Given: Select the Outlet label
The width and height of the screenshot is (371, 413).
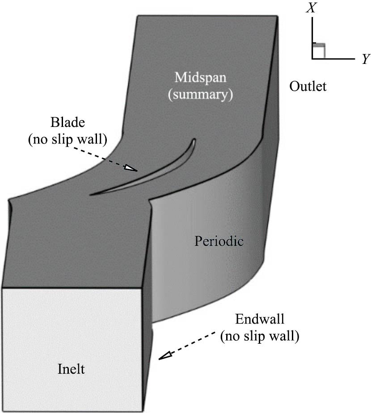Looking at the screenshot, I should [x=308, y=86].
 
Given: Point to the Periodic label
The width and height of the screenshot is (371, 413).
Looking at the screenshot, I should [x=219, y=242].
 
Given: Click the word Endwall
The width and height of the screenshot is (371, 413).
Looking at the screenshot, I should [x=259, y=320].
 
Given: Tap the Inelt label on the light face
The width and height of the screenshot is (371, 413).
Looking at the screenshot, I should [x=72, y=369].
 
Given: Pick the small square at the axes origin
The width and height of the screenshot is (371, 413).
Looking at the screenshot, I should [x=318, y=52].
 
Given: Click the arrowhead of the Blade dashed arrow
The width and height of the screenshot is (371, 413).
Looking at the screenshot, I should [x=131, y=168].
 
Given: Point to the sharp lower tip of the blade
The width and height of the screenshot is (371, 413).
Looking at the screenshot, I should [x=91, y=194].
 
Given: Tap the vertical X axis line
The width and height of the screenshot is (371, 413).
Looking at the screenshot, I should [x=312, y=36].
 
